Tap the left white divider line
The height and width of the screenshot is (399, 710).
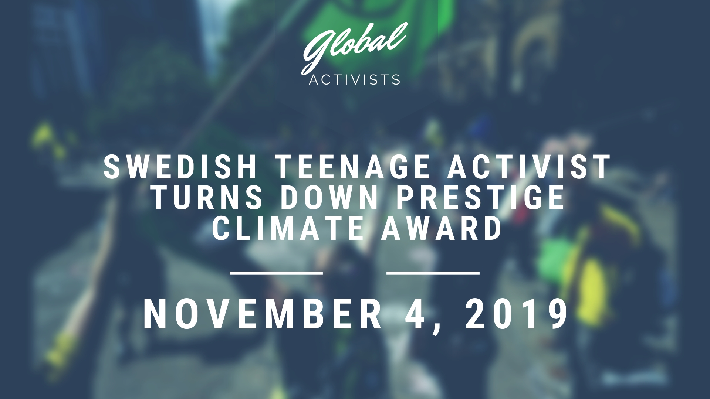click(x=277, y=273)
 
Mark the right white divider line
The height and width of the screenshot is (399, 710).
click(x=433, y=273)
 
